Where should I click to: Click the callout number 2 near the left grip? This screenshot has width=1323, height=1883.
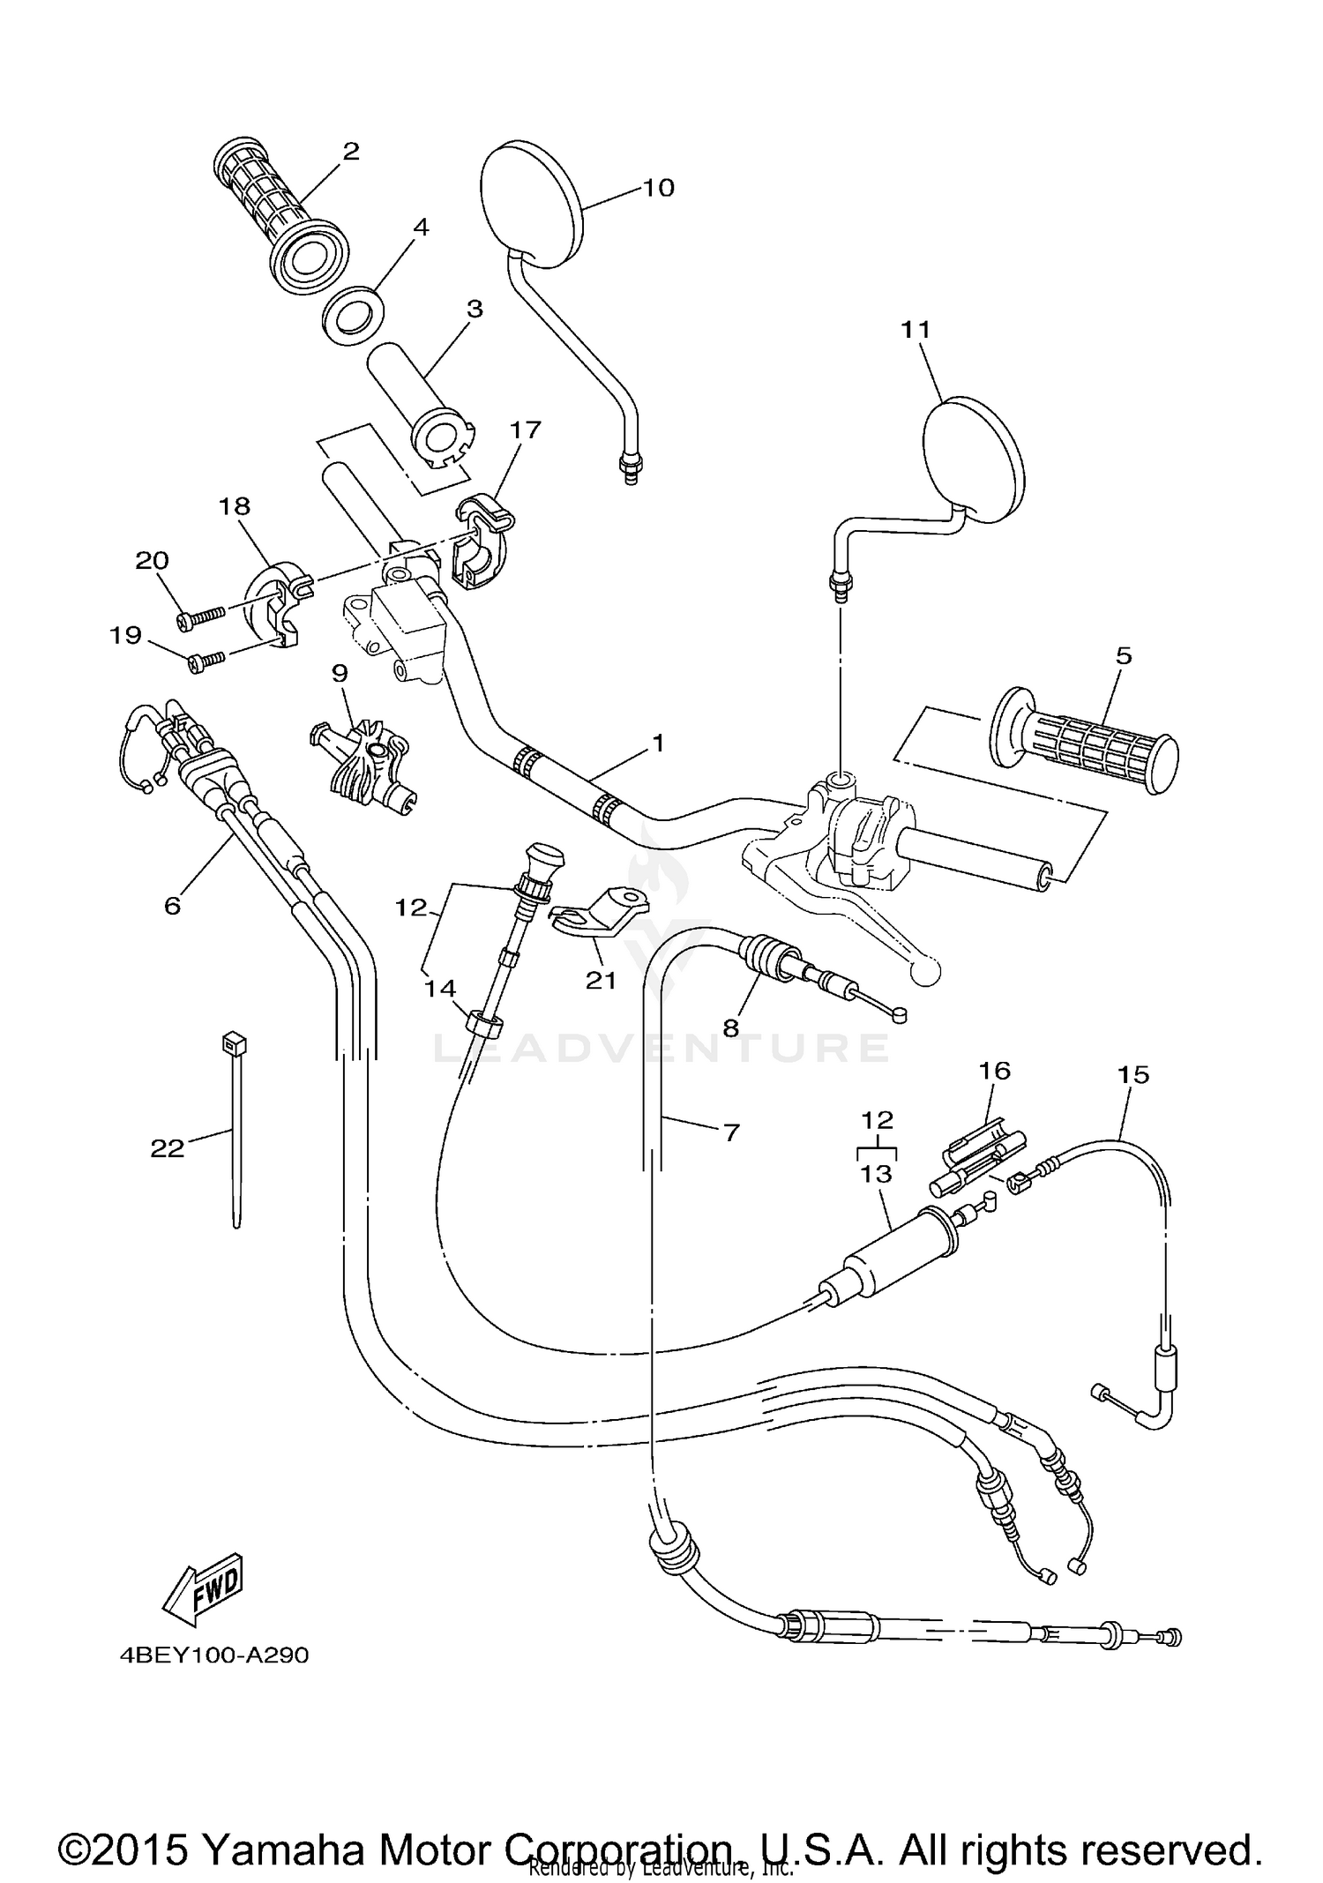coord(351,152)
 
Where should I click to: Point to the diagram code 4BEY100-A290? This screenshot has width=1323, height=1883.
coord(214,1655)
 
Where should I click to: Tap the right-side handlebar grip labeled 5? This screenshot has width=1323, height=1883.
coord(1085,738)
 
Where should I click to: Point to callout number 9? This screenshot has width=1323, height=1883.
coord(340,673)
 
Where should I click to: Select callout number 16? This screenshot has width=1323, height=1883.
coord(994,1070)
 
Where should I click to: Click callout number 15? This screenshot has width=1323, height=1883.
coord(1133,1074)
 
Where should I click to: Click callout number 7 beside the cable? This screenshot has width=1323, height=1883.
coord(731,1132)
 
